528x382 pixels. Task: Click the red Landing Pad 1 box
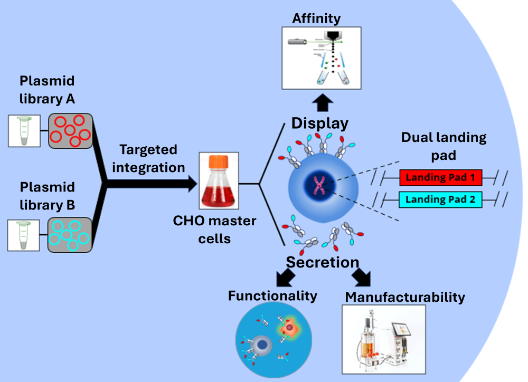pyautogui.click(x=441, y=178)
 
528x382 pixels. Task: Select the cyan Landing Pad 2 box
pyautogui.click(x=441, y=199)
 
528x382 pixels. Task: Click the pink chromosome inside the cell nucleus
pyautogui.click(x=319, y=185)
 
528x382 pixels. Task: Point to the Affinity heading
pyautogui.click(x=316, y=19)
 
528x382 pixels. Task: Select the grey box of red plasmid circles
pyautogui.click(x=71, y=131)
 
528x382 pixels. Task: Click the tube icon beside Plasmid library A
pyautogui.click(x=23, y=131)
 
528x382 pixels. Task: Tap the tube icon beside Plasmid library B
pyautogui.click(x=23, y=235)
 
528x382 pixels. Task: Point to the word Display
pyautogui.click(x=320, y=123)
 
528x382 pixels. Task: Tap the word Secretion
pyautogui.click(x=323, y=262)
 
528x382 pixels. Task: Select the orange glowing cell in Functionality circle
pyautogui.click(x=290, y=328)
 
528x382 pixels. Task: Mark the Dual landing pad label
pyautogui.click(x=444, y=145)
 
